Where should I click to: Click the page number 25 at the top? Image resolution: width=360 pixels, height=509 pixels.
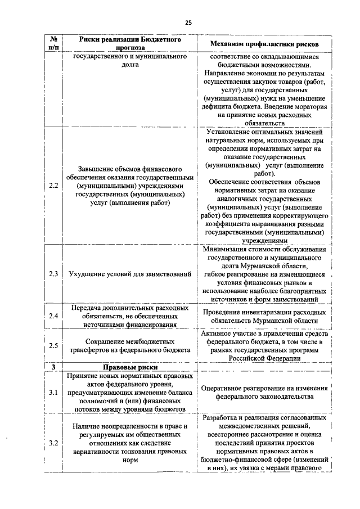tap(188, 22)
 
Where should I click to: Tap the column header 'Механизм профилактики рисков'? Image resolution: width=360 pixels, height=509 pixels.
tap(264, 44)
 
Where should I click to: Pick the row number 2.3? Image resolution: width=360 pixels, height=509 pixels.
tap(53, 274)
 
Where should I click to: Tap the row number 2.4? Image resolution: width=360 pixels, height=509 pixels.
tap(53, 317)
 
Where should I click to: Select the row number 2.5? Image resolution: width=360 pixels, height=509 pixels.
tap(53, 345)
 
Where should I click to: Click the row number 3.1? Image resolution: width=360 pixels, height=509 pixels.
tap(53, 392)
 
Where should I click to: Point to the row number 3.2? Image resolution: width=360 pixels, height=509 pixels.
tap(53, 443)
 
